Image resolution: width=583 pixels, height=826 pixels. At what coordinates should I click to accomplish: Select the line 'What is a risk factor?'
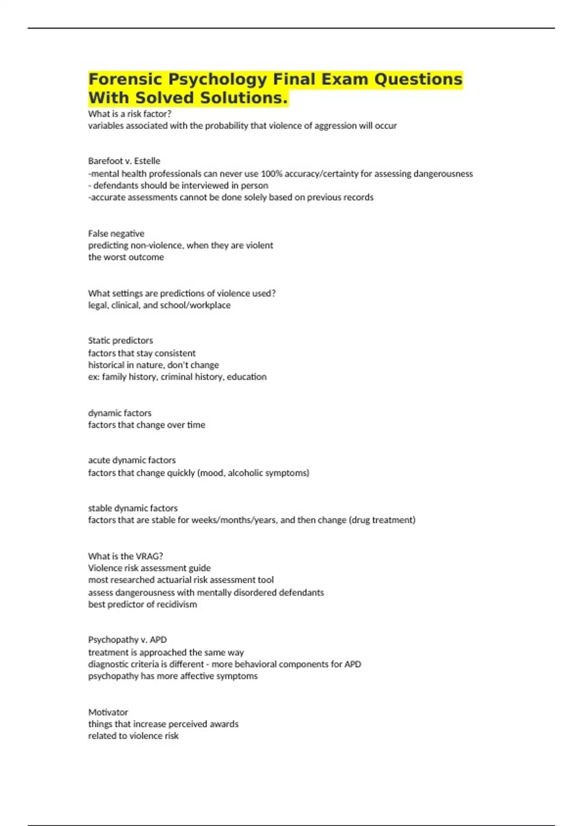[x=130, y=114]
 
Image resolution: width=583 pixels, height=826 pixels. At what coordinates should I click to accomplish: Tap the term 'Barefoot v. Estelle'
[x=124, y=161]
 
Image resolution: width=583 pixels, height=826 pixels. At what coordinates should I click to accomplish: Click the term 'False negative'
[x=116, y=233]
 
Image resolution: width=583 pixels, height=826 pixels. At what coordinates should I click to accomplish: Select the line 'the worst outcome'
[x=126, y=257]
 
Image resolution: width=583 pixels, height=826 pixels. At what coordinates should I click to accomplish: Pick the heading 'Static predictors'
[x=120, y=340]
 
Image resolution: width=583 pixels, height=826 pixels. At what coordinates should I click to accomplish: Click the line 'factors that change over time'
[x=146, y=425]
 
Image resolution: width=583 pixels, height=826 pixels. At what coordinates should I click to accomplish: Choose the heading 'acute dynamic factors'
[x=132, y=460]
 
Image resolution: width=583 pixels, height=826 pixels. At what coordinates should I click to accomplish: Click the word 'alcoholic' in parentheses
[x=244, y=472]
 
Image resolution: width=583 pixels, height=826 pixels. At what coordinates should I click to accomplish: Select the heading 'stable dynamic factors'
[x=133, y=508]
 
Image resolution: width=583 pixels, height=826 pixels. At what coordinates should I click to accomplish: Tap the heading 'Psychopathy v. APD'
[x=127, y=639]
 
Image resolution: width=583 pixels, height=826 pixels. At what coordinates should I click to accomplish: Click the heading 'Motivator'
[x=108, y=712]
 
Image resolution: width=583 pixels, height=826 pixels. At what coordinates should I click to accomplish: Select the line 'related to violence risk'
[x=133, y=736]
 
